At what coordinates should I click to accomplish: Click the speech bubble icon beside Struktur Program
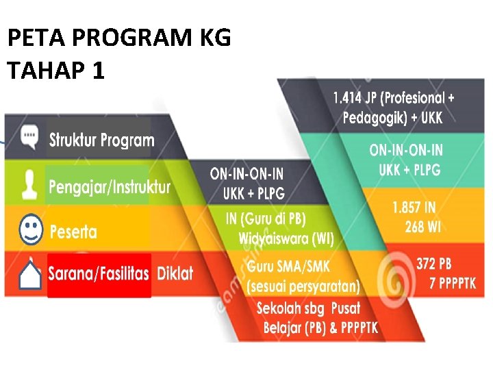point(28,137)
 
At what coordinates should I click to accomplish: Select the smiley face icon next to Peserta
point(29,230)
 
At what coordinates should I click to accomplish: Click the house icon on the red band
point(28,275)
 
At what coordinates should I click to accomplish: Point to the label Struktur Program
point(101,140)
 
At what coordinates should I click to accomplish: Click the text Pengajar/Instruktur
point(109,186)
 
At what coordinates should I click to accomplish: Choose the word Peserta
point(73,232)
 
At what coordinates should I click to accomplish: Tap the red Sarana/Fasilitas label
point(99,274)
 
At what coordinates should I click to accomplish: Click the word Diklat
point(175,274)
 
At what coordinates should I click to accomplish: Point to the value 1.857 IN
point(414,208)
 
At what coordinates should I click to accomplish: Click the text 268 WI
point(422,227)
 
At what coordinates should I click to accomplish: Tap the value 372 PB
point(433,264)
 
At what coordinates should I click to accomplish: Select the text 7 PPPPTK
point(453,283)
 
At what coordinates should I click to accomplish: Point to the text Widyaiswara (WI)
point(286,238)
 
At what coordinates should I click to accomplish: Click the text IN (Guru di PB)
point(266,219)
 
